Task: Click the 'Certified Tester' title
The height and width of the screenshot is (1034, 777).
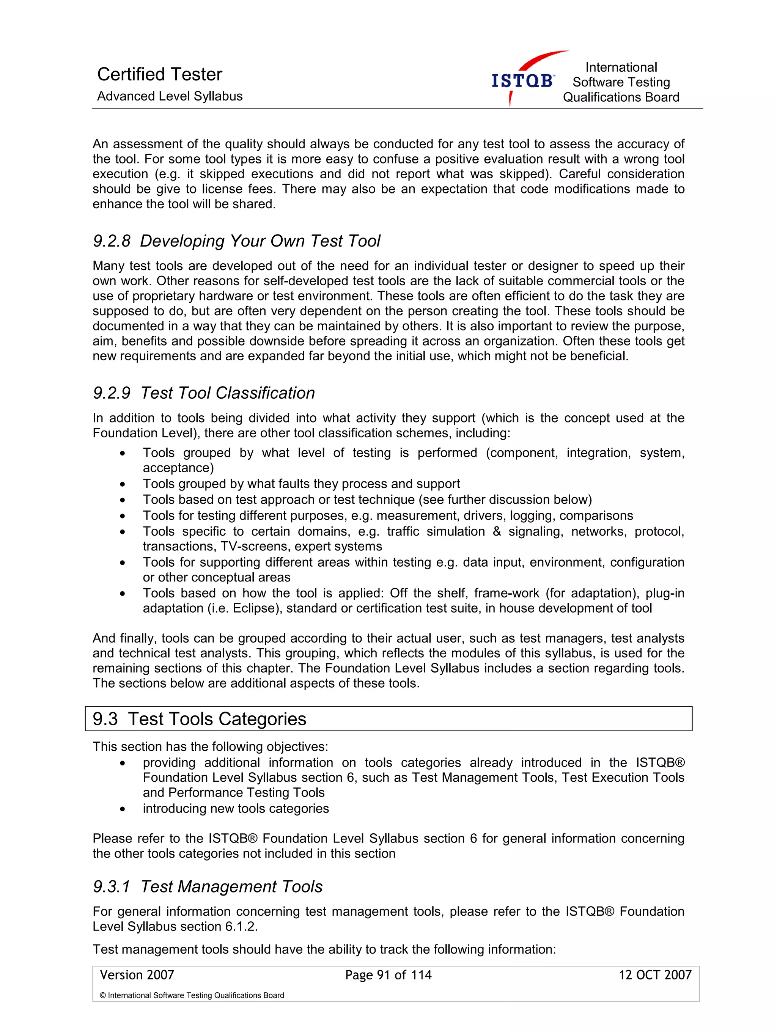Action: coord(159,74)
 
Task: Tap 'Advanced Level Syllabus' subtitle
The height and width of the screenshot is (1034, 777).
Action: coord(170,96)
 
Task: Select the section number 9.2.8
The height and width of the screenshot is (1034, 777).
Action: coord(112,241)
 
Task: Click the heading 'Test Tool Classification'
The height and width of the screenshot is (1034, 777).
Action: coord(228,393)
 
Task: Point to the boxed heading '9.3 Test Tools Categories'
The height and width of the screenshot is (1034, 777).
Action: coord(200,718)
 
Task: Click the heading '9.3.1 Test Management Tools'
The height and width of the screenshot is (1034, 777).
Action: coord(208,887)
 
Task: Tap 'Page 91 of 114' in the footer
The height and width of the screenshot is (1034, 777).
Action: coord(388,975)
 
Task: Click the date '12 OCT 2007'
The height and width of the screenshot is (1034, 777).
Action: coord(654,975)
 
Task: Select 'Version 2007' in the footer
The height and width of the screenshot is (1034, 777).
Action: coord(137,975)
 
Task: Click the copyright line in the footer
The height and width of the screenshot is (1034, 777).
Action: coord(192,995)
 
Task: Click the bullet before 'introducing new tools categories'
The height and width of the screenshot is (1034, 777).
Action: coord(123,809)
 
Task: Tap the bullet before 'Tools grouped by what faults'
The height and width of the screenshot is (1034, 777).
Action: coord(123,484)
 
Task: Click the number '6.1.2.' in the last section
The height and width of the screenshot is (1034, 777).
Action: coord(241,927)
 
